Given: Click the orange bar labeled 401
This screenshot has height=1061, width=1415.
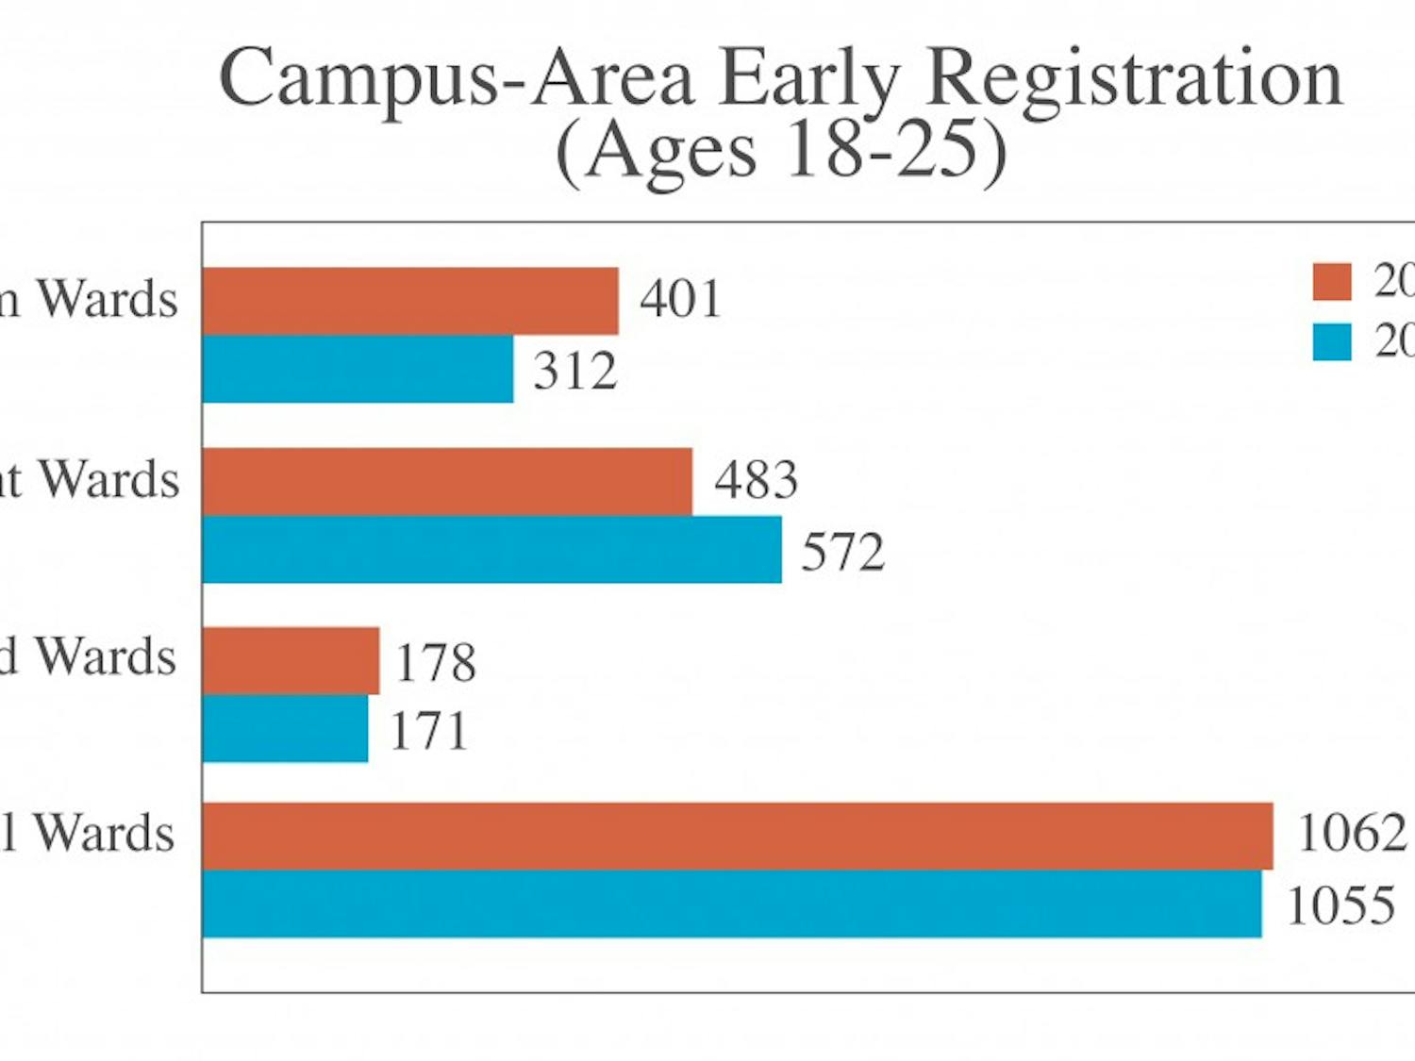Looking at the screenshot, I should [410, 301].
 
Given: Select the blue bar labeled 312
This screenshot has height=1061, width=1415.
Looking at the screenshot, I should [358, 369].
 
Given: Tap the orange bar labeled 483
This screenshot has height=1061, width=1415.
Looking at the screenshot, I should [447, 481].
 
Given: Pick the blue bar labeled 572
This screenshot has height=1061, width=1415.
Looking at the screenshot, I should [491, 549].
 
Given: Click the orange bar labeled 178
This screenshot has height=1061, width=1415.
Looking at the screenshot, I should [291, 660].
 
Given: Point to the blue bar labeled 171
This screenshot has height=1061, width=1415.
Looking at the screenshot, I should [285, 728].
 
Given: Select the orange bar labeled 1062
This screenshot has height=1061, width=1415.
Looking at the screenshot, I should [738, 836].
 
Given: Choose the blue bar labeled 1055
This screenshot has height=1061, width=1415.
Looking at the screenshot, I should [732, 904].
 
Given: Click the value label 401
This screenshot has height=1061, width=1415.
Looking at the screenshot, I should [680, 300].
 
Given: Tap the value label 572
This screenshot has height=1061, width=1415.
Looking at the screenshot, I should [842, 552].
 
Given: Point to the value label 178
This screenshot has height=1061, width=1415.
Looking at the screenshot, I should [435, 662].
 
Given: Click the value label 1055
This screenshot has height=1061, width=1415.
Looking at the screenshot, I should [1340, 906].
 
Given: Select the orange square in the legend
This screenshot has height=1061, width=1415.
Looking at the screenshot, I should [1332, 281].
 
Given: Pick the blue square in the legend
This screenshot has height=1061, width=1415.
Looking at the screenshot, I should [1332, 341].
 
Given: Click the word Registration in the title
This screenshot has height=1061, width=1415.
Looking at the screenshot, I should [1135, 79].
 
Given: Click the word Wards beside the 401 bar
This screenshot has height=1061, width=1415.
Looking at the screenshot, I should [108, 300].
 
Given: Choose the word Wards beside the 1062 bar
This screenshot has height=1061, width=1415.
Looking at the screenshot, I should [105, 834].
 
